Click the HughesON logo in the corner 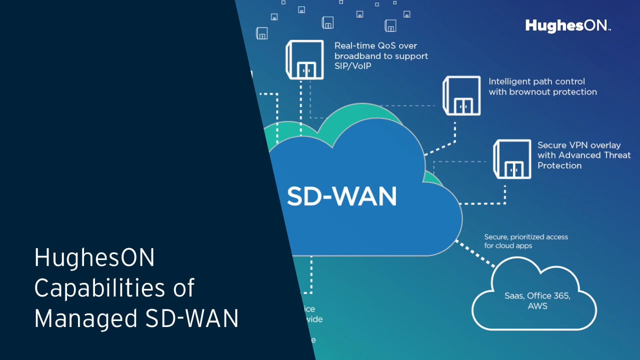[x=567, y=26]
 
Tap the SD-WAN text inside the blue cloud [x=341, y=196]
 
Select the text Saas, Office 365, [x=537, y=295]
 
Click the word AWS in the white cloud [x=537, y=306]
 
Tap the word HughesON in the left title [x=94, y=258]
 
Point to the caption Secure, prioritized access [x=526, y=237]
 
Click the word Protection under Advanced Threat [x=559, y=166]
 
